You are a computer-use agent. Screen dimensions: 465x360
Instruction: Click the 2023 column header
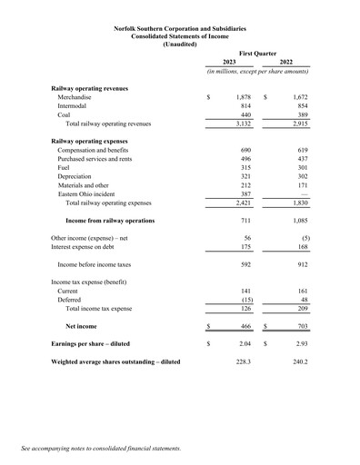pos(229,62)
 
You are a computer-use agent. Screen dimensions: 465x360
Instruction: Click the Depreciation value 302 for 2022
pos(299,179)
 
